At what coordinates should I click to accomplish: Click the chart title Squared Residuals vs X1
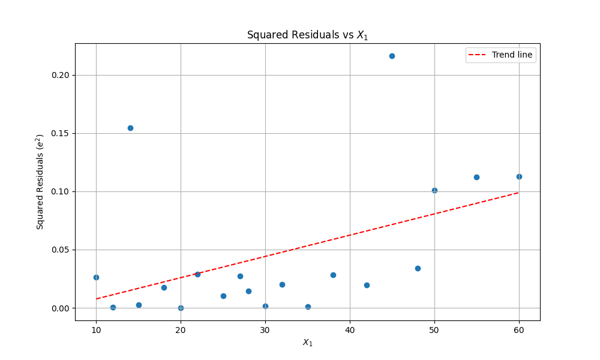(x=307, y=35)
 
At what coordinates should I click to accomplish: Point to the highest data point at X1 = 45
(x=392, y=56)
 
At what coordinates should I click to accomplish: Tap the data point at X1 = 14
(x=130, y=128)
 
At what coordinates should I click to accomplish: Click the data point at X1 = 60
(x=519, y=176)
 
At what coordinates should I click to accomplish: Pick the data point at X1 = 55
(x=476, y=177)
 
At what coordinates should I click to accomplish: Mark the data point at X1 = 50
(x=434, y=190)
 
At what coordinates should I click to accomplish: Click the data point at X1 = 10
(x=96, y=277)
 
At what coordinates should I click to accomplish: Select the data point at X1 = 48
(x=418, y=268)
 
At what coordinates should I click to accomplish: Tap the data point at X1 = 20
(x=181, y=308)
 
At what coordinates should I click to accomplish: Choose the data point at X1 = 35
(x=308, y=307)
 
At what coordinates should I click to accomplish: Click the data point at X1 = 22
(x=197, y=274)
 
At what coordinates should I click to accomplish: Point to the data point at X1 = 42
(x=367, y=285)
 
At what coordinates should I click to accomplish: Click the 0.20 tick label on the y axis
(x=61, y=75)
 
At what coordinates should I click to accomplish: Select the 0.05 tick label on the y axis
(x=61, y=250)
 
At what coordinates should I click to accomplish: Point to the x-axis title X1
(x=307, y=343)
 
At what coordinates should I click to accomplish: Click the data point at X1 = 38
(x=333, y=275)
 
